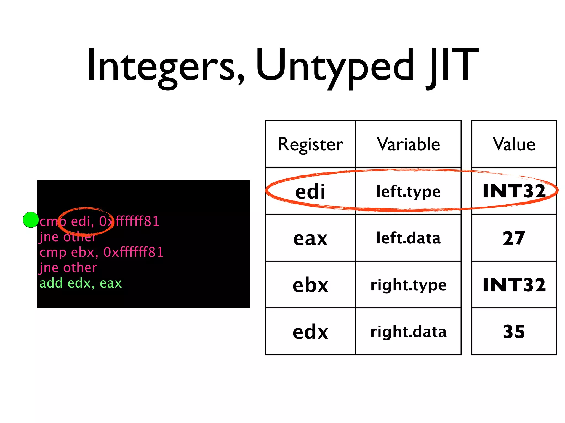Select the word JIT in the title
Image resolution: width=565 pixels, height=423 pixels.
click(452, 66)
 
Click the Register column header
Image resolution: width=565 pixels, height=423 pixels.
click(310, 144)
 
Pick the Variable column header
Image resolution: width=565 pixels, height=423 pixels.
click(408, 144)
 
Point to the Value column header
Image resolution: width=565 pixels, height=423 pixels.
click(514, 144)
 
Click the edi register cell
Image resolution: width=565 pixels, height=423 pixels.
click(310, 191)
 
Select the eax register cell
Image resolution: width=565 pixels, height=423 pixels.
click(310, 238)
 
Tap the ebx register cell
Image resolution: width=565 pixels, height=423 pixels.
click(310, 285)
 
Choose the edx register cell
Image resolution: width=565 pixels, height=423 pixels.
click(310, 332)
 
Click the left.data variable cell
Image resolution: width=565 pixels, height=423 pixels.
click(408, 238)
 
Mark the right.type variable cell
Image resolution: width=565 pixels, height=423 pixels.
click(408, 285)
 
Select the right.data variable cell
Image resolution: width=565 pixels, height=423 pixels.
click(408, 332)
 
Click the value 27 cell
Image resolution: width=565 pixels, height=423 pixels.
click(514, 238)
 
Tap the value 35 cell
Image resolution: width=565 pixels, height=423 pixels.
click(514, 332)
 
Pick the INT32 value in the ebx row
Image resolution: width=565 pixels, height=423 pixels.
click(514, 285)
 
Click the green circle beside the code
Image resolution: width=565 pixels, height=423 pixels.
click(31, 220)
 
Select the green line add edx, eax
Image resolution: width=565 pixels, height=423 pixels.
click(81, 283)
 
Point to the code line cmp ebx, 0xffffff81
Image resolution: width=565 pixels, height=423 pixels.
click(101, 252)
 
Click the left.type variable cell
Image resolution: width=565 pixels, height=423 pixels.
click(408, 191)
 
